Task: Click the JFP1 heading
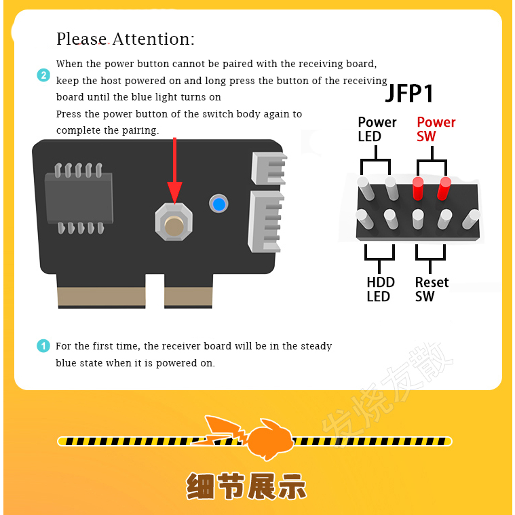(x=409, y=93)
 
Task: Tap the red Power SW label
(x=436, y=129)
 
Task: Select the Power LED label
(x=377, y=129)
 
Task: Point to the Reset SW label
(x=432, y=289)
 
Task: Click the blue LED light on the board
(x=218, y=204)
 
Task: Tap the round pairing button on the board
(x=174, y=226)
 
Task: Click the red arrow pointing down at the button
(x=175, y=170)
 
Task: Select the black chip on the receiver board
(x=79, y=198)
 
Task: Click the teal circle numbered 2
(x=43, y=75)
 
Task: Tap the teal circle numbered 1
(x=43, y=346)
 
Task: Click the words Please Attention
(x=125, y=39)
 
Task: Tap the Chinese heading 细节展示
(x=246, y=487)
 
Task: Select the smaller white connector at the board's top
(x=269, y=168)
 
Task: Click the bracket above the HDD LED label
(x=379, y=255)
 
